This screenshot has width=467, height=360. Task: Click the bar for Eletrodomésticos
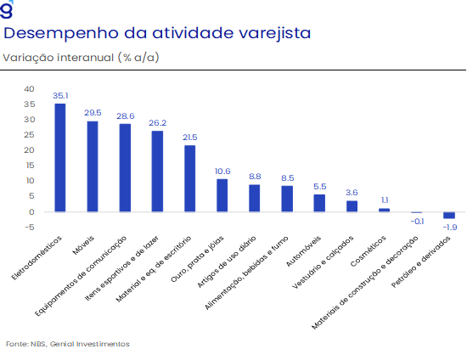coord(60,158)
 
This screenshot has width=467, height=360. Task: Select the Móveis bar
coord(93,166)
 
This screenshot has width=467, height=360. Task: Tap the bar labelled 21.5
coord(189,178)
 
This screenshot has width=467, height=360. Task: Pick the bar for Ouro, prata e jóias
coord(222,195)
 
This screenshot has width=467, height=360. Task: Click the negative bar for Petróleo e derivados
coord(449,216)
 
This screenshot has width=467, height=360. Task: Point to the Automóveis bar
coord(319,203)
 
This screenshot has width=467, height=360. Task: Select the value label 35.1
coord(60,96)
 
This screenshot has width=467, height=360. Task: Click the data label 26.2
coord(158,122)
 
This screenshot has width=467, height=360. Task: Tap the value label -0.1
coord(417,222)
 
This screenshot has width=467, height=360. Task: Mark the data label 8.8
coord(255,177)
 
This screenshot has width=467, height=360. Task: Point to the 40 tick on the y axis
coord(29,89)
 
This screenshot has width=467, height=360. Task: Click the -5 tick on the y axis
coord(30,228)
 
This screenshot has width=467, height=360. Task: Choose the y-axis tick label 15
coord(30,166)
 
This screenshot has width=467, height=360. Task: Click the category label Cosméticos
coord(369,251)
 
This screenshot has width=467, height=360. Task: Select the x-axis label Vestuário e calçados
coord(324,262)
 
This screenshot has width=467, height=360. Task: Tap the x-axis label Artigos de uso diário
coord(227,262)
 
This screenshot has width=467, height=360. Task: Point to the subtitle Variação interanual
coord(59,57)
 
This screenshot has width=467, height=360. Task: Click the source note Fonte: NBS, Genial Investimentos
coord(68,344)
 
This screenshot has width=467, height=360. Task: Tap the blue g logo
coord(7,9)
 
